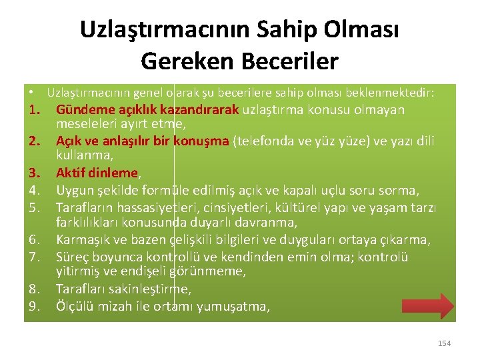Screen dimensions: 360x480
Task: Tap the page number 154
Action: pos(444,343)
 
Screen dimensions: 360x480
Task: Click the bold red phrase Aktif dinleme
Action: pos(97,173)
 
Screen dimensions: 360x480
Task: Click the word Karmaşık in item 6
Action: pos(81,239)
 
